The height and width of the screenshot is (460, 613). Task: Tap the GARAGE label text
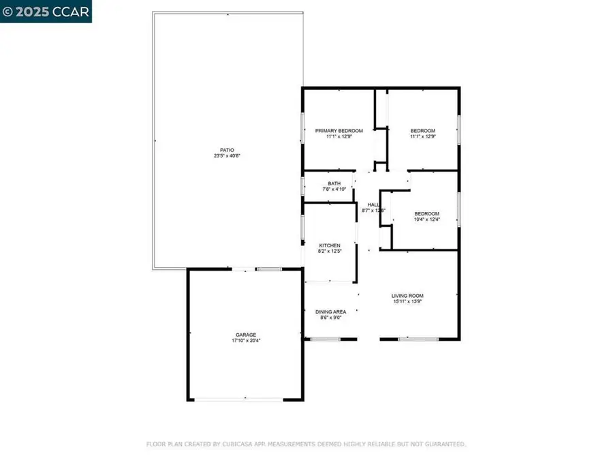coord(246,335)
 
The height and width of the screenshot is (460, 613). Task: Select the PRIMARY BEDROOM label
coord(339,131)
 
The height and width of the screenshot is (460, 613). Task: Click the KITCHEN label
coord(330,245)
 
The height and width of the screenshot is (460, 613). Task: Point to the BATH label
coord(334,183)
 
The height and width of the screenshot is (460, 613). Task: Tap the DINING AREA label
coord(330,312)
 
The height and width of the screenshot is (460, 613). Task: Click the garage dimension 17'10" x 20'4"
coord(246,341)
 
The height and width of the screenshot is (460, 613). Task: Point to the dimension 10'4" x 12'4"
coord(427,219)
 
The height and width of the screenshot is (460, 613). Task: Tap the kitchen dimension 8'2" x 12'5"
coord(330,251)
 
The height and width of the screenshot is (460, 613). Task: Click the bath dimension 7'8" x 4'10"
coord(334,189)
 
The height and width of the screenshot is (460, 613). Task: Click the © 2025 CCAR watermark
coord(46,12)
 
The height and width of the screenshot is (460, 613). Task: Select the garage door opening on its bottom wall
coord(245,400)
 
